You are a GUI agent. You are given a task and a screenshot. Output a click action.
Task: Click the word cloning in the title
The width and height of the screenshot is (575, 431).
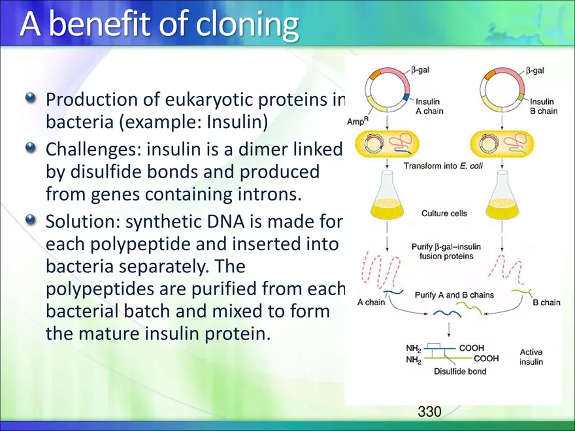247,24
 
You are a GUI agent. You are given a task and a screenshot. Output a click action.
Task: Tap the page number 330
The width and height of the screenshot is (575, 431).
429,411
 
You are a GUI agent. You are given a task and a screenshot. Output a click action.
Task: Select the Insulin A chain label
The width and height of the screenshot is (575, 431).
429,106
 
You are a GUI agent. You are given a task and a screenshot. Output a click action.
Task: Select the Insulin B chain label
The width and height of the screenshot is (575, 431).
544,106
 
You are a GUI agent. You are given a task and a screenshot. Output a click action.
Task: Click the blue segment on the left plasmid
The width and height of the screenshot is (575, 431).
406,97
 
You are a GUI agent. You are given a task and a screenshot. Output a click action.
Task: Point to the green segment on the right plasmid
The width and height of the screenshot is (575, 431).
521,97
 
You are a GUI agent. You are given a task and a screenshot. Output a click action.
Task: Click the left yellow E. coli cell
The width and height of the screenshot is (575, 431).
387,144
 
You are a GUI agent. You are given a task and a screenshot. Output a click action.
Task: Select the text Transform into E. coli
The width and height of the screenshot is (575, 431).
443,166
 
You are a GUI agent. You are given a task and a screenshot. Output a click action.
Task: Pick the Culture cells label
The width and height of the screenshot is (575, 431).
444,214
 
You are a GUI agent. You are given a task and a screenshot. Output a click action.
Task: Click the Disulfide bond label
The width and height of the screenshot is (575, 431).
460,372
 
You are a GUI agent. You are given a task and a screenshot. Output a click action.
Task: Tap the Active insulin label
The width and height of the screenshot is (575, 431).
531,357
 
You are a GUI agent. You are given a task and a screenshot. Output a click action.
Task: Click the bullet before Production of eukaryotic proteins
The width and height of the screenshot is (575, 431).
31,98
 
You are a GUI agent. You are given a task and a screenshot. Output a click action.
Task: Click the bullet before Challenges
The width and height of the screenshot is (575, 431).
31,148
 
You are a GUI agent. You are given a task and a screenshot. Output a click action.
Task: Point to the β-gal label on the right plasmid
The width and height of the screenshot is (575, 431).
535,71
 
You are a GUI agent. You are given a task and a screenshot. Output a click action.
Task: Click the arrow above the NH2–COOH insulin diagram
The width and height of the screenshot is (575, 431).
449,330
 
